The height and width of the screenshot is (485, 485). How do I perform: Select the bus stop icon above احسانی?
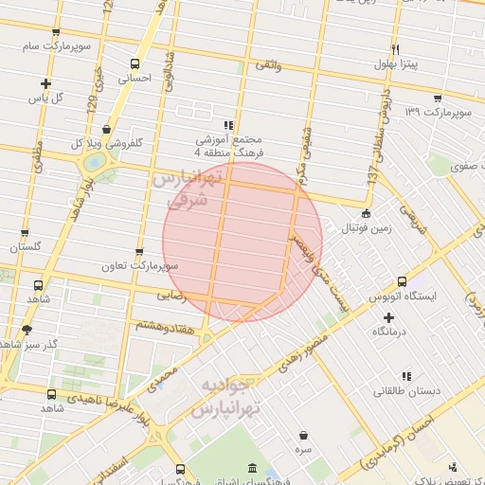tap(135, 64)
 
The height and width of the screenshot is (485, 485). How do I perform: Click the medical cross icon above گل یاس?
tap(45, 83)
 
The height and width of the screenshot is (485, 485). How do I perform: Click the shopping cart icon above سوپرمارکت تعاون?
tap(140, 252)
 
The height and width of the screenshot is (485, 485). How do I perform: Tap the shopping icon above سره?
tap(302, 436)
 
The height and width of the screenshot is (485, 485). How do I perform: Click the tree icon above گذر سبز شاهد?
tap(26, 329)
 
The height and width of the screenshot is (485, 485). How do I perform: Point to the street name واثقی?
tap(267, 65)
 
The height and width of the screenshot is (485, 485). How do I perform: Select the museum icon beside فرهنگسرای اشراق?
tap(251, 468)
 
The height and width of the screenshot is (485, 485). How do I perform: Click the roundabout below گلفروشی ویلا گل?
tap(95, 163)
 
